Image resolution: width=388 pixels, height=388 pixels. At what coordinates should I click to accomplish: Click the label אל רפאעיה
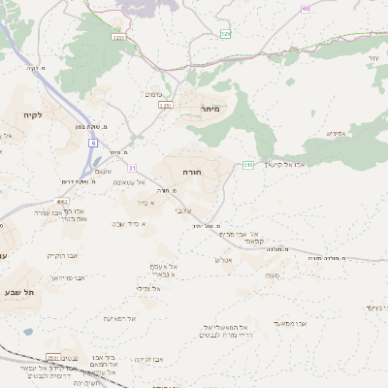119,318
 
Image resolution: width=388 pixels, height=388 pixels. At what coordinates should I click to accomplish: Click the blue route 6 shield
94,143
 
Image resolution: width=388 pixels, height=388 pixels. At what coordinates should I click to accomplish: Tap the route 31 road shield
131,168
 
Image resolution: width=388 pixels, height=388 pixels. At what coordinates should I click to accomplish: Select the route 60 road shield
306,8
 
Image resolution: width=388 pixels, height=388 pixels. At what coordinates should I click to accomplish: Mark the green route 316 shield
248,165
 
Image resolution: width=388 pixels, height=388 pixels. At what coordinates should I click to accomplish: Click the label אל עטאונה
128,182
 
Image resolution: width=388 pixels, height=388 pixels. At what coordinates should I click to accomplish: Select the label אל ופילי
144,288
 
